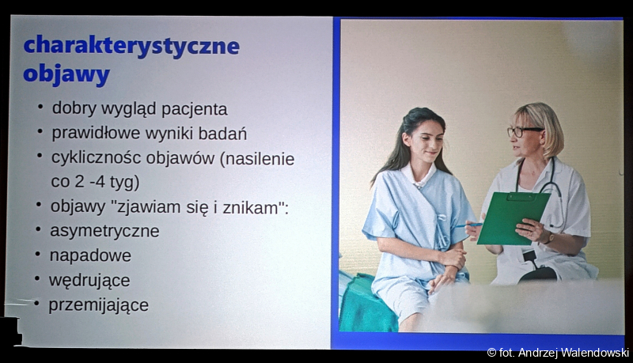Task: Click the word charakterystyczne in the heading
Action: [131, 47]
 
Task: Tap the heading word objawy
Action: [66, 75]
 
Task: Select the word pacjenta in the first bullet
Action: [195, 109]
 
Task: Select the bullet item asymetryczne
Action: [104, 232]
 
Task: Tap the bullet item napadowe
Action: [90, 255]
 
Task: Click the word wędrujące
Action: [89, 281]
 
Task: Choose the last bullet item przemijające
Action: [98, 305]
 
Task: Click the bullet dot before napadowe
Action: [37, 254]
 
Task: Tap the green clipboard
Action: [513, 218]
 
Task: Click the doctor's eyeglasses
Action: [524, 131]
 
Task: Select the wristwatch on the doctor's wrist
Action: [549, 237]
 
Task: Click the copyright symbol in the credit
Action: [491, 353]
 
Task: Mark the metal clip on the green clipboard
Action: [521, 197]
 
